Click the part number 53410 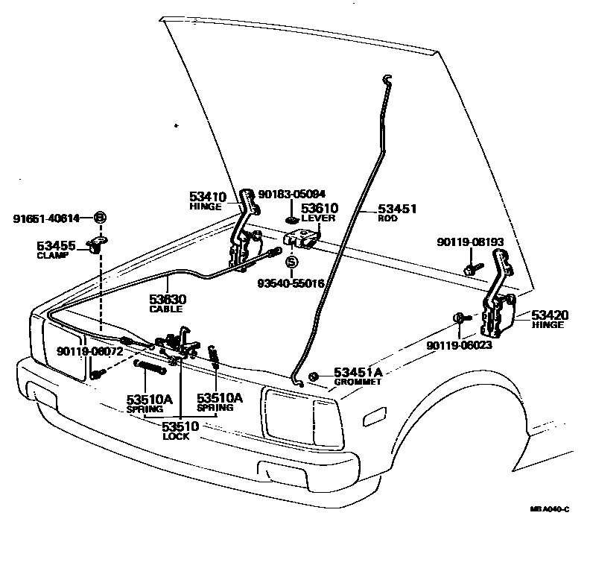coord(207,197)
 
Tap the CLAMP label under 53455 coord(53,255)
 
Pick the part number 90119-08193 coord(472,242)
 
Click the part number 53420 coord(549,315)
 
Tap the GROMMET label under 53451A coord(358,382)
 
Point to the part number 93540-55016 coord(291,284)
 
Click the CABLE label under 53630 coord(166,309)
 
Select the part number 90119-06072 coord(89,350)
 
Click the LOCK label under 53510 coord(176,436)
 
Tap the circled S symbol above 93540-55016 coord(291,262)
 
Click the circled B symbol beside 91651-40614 coord(100,218)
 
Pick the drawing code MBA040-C coord(549,509)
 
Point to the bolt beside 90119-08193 coord(470,266)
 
